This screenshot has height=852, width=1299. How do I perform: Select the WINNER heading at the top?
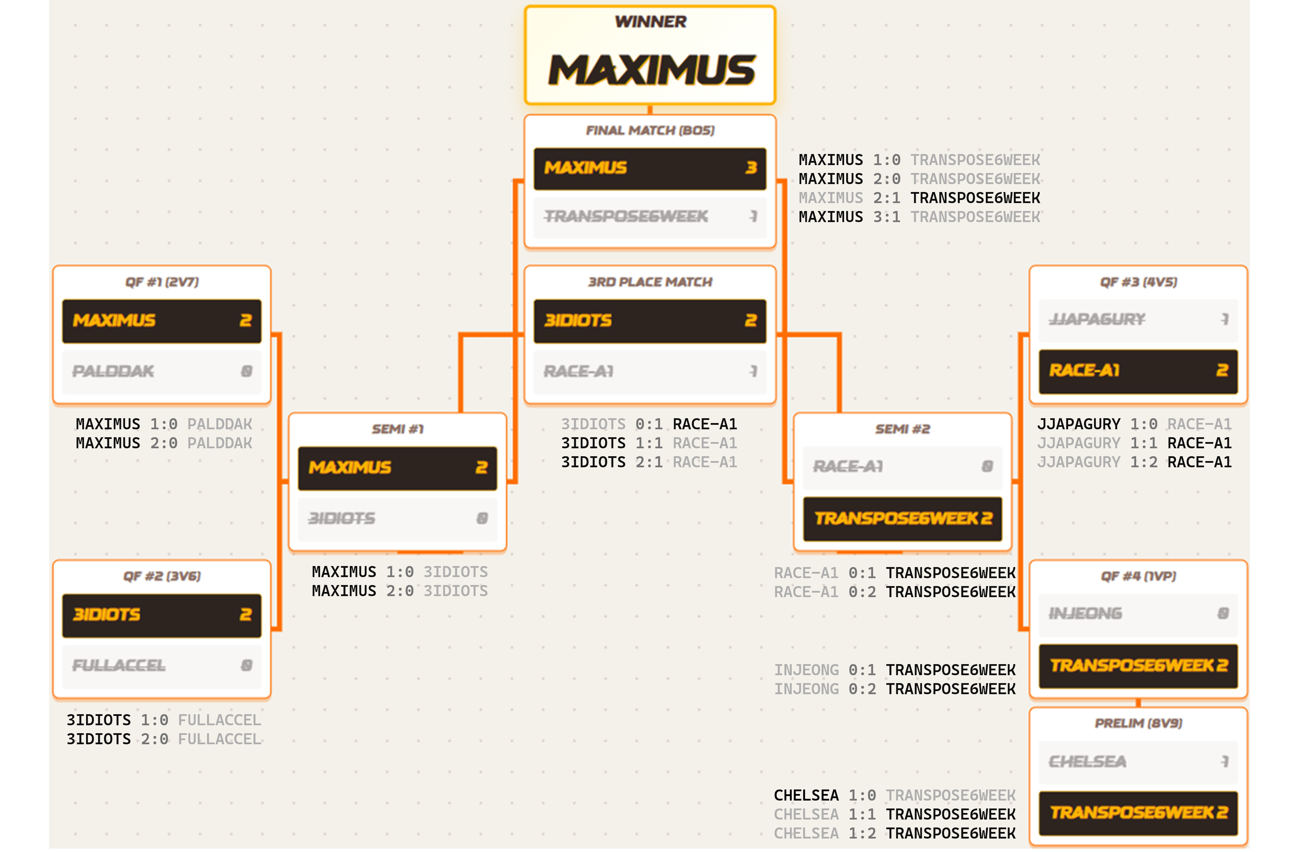(x=651, y=22)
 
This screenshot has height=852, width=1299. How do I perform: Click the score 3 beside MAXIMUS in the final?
(x=751, y=168)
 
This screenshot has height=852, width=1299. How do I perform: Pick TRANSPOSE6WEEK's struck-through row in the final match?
(x=649, y=217)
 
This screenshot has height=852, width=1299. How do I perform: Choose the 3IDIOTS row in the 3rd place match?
(x=649, y=321)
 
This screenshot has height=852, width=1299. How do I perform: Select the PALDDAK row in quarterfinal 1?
(x=161, y=372)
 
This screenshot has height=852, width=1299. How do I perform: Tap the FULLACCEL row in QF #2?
(x=161, y=666)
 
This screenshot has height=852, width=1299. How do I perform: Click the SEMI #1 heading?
(x=398, y=429)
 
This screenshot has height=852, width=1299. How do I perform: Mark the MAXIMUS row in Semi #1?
(x=398, y=468)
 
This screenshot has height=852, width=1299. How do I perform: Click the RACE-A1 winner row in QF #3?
(x=1138, y=371)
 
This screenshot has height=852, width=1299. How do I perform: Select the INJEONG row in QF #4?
(x=1138, y=614)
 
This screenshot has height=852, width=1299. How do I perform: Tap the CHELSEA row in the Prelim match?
(x=1138, y=762)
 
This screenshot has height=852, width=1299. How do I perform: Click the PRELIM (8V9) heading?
(x=1138, y=723)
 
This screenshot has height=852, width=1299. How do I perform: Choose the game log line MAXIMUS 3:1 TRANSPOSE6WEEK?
(x=919, y=217)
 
